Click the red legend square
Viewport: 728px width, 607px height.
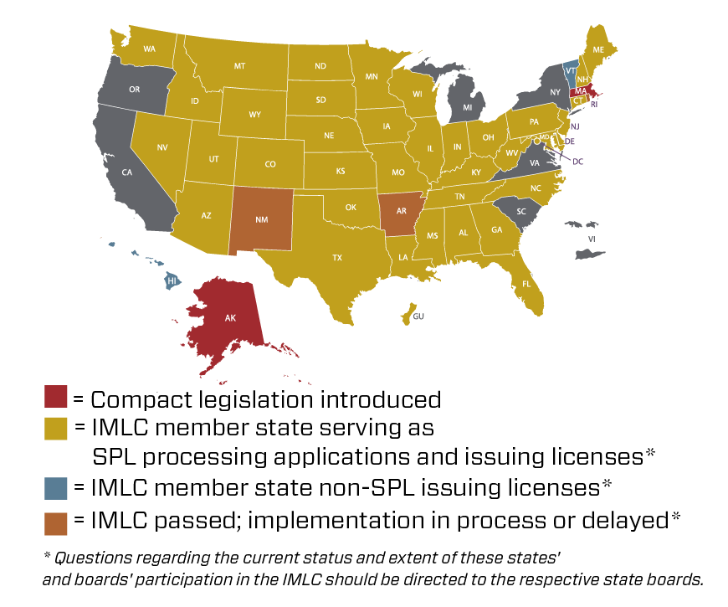[x=56, y=396]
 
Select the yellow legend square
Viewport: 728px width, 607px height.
[x=56, y=429]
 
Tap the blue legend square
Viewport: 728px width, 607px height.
[x=56, y=488]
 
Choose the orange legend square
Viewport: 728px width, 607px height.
[x=56, y=524]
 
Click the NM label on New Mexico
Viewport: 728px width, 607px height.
[x=262, y=219]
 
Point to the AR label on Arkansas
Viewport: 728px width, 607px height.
[x=402, y=211]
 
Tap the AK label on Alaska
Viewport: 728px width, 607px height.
[x=230, y=318]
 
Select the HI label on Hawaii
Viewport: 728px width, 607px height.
[x=172, y=281]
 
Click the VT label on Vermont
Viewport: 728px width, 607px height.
[x=571, y=71]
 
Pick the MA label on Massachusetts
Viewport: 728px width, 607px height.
[x=581, y=91]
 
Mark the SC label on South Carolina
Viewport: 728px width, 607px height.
[x=521, y=212]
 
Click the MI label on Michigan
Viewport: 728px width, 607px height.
[x=468, y=107]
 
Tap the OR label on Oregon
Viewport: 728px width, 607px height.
[x=135, y=90]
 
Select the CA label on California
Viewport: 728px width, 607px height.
[x=127, y=172]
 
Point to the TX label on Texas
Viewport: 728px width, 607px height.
[x=337, y=258]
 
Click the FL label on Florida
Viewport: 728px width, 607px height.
[x=526, y=284]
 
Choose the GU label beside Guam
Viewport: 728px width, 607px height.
[x=418, y=316]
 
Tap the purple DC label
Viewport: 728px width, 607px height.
[x=578, y=162]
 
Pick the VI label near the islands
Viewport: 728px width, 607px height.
[x=592, y=239]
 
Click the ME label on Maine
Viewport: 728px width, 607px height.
[x=598, y=50]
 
